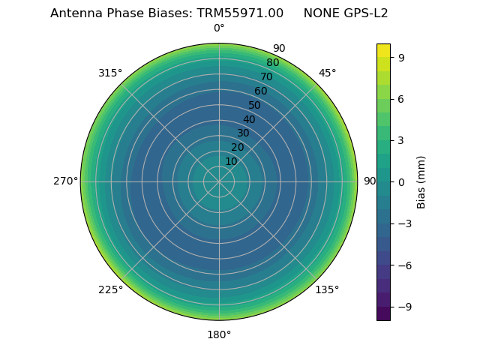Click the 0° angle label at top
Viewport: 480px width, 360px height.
(x=219, y=28)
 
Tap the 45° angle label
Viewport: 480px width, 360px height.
(x=328, y=73)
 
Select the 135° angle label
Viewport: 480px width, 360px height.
(x=327, y=289)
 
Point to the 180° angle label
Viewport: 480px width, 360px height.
(x=219, y=334)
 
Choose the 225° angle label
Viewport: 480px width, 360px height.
(x=110, y=289)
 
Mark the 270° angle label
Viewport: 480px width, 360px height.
(x=65, y=181)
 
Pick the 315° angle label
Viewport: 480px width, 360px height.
(x=110, y=73)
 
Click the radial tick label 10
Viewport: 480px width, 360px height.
(x=231, y=161)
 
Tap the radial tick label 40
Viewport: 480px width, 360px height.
(x=249, y=119)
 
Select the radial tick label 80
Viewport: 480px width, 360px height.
(x=272, y=63)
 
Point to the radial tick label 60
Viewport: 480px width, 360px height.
(x=260, y=91)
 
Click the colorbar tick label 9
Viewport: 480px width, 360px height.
(x=401, y=57)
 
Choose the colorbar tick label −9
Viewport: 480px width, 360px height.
(x=404, y=307)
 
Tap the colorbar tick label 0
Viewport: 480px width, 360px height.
(x=401, y=181)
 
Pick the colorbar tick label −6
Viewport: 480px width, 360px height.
(x=404, y=265)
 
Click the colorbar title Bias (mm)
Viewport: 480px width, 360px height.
(x=421, y=181)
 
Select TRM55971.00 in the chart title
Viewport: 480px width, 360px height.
(x=240, y=13)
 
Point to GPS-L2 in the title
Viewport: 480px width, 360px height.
(x=364, y=13)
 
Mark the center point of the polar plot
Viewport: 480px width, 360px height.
(x=219, y=181)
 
